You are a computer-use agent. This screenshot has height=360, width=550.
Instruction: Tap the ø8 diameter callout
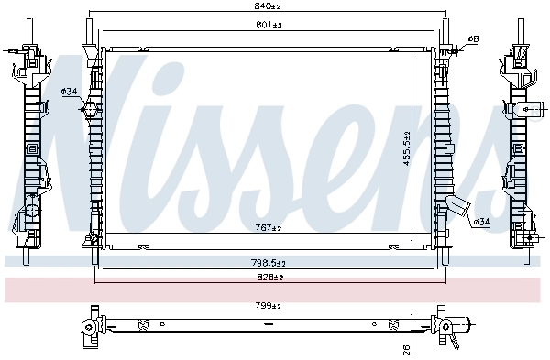click(x=473, y=38)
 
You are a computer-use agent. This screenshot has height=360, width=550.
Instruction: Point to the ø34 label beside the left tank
click(x=69, y=91)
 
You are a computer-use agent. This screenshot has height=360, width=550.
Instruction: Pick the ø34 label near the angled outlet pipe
click(x=480, y=222)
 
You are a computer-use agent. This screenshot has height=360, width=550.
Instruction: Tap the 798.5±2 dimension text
click(x=269, y=264)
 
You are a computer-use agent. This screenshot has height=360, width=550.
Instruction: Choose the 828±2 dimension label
click(x=269, y=276)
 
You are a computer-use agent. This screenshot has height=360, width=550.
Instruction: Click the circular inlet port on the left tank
click(x=90, y=111)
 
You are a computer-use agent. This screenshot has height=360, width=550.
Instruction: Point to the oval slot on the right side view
click(x=530, y=109)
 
